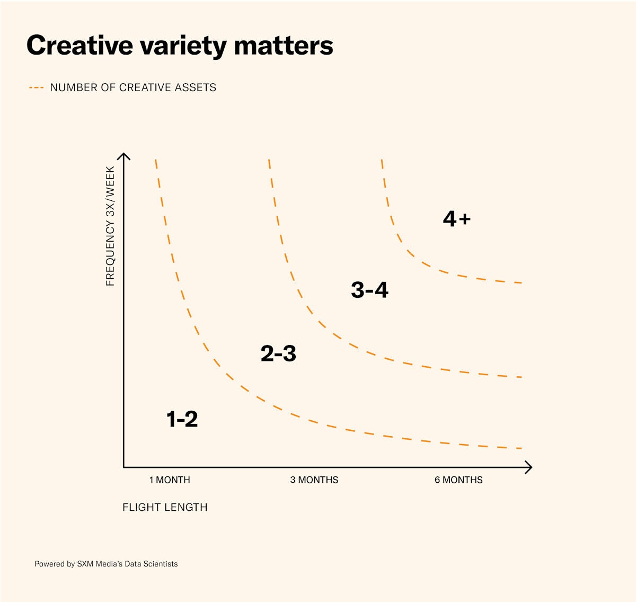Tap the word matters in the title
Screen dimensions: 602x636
pyautogui.click(x=284, y=46)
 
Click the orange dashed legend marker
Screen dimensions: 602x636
pyautogui.click(x=36, y=87)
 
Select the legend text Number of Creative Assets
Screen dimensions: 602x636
pyautogui.click(x=133, y=87)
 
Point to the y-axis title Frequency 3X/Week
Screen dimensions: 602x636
pyautogui.click(x=110, y=226)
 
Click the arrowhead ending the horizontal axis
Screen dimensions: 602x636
pyautogui.click(x=529, y=467)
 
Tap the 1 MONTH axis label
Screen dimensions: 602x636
pyautogui.click(x=170, y=480)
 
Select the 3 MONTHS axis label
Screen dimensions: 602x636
pyautogui.click(x=314, y=480)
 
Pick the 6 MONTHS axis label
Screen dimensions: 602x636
pyautogui.click(x=458, y=480)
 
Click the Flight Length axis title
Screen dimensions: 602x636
pyautogui.click(x=165, y=508)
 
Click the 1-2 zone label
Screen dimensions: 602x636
pyautogui.click(x=182, y=419)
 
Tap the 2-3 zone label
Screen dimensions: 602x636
pyautogui.click(x=278, y=353)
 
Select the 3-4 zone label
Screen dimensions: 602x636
pyautogui.click(x=369, y=290)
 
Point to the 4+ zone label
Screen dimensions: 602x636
pyautogui.click(x=456, y=219)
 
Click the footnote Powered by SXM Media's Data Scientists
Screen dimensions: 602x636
pyautogui.click(x=106, y=564)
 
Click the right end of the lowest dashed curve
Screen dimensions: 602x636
pyautogui.click(x=520, y=448)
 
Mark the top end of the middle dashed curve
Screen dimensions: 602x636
pyautogui.click(x=269, y=160)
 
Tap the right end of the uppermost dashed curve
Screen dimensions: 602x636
pyautogui.click(x=520, y=283)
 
